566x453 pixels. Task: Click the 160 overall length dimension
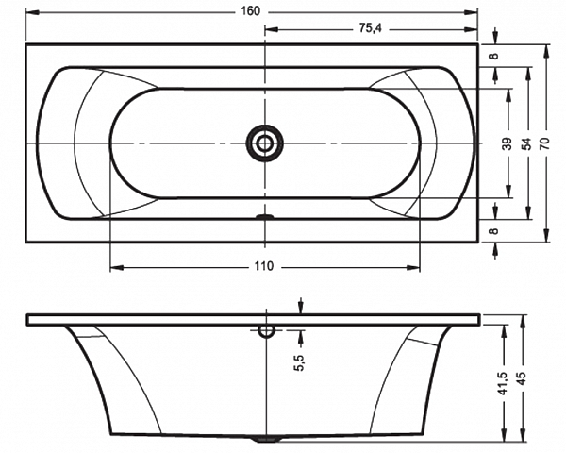(x=250, y=11)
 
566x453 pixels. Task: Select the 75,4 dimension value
(x=371, y=28)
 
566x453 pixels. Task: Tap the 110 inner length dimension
(x=264, y=266)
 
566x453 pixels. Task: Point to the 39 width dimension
(x=508, y=143)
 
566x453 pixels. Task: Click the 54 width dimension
(x=527, y=143)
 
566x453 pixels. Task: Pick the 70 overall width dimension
(x=545, y=143)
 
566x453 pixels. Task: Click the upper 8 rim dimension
(x=495, y=56)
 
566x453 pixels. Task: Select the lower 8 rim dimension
(x=495, y=230)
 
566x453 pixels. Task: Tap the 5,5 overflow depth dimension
(x=300, y=362)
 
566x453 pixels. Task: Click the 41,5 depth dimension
(x=505, y=383)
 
